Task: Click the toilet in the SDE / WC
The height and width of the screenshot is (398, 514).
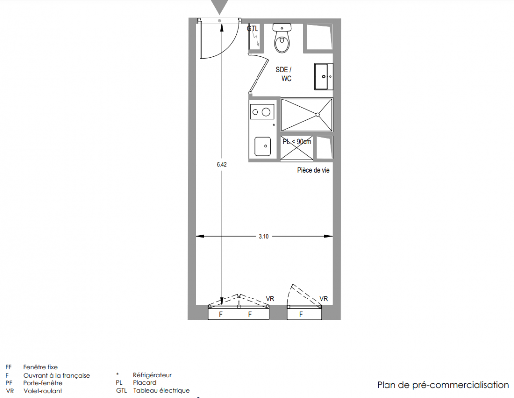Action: tap(282, 38)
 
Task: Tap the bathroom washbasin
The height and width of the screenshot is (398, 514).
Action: tap(324, 76)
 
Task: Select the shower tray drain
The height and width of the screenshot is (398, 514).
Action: tap(317, 114)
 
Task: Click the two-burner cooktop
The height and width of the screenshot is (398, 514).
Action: tap(261, 112)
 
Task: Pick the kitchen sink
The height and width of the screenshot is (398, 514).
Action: tap(262, 146)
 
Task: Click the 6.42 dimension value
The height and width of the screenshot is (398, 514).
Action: tap(222, 165)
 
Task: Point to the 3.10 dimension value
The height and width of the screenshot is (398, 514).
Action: tap(264, 237)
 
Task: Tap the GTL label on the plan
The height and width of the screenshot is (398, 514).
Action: tap(253, 29)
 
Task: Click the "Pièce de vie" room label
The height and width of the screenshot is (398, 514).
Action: tap(313, 170)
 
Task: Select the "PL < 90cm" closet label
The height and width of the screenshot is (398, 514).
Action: tap(297, 142)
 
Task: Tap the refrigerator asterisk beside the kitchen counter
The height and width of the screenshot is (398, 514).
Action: tap(274, 125)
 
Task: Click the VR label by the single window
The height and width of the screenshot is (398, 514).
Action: tap(324, 299)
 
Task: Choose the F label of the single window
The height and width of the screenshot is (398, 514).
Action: tap(301, 315)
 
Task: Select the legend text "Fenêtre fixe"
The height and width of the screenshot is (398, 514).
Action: tap(40, 367)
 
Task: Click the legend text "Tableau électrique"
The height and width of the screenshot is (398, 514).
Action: tap(161, 390)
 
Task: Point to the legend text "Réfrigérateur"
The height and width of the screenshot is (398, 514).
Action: tap(152, 375)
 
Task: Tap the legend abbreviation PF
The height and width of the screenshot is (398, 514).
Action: tap(9, 383)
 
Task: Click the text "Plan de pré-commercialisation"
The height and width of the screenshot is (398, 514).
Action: tap(443, 385)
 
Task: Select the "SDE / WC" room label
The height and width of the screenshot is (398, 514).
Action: tap(283, 74)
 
